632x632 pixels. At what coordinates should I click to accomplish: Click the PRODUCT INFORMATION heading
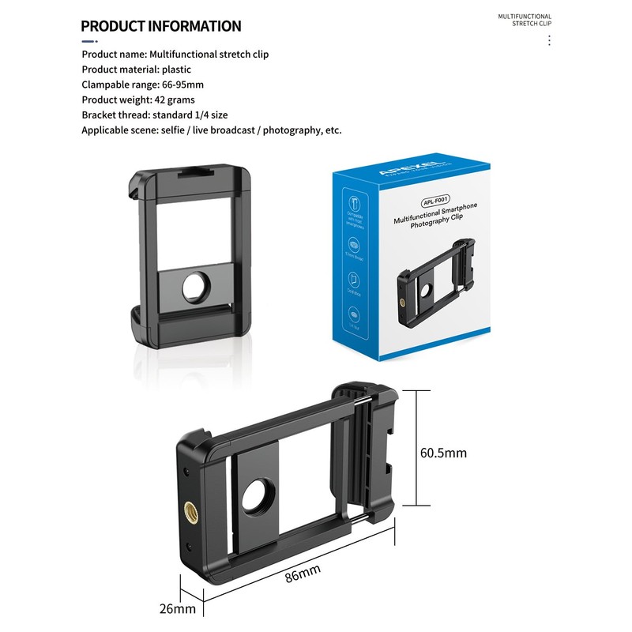coord(161,26)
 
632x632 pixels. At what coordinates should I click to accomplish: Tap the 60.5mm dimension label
coord(443,453)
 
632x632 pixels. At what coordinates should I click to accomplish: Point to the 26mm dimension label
coord(178,609)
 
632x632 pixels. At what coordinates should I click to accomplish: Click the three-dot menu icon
coord(549,40)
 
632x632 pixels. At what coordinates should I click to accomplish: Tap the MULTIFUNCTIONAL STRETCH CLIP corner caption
coord(524,20)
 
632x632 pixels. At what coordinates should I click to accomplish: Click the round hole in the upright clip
coord(193,288)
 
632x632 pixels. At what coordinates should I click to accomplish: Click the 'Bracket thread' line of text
coord(155,115)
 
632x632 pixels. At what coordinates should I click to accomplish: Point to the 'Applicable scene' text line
coord(212,130)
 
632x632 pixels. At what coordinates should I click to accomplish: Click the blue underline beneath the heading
coord(89,40)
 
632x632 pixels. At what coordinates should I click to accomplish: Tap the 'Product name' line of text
coord(175,55)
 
